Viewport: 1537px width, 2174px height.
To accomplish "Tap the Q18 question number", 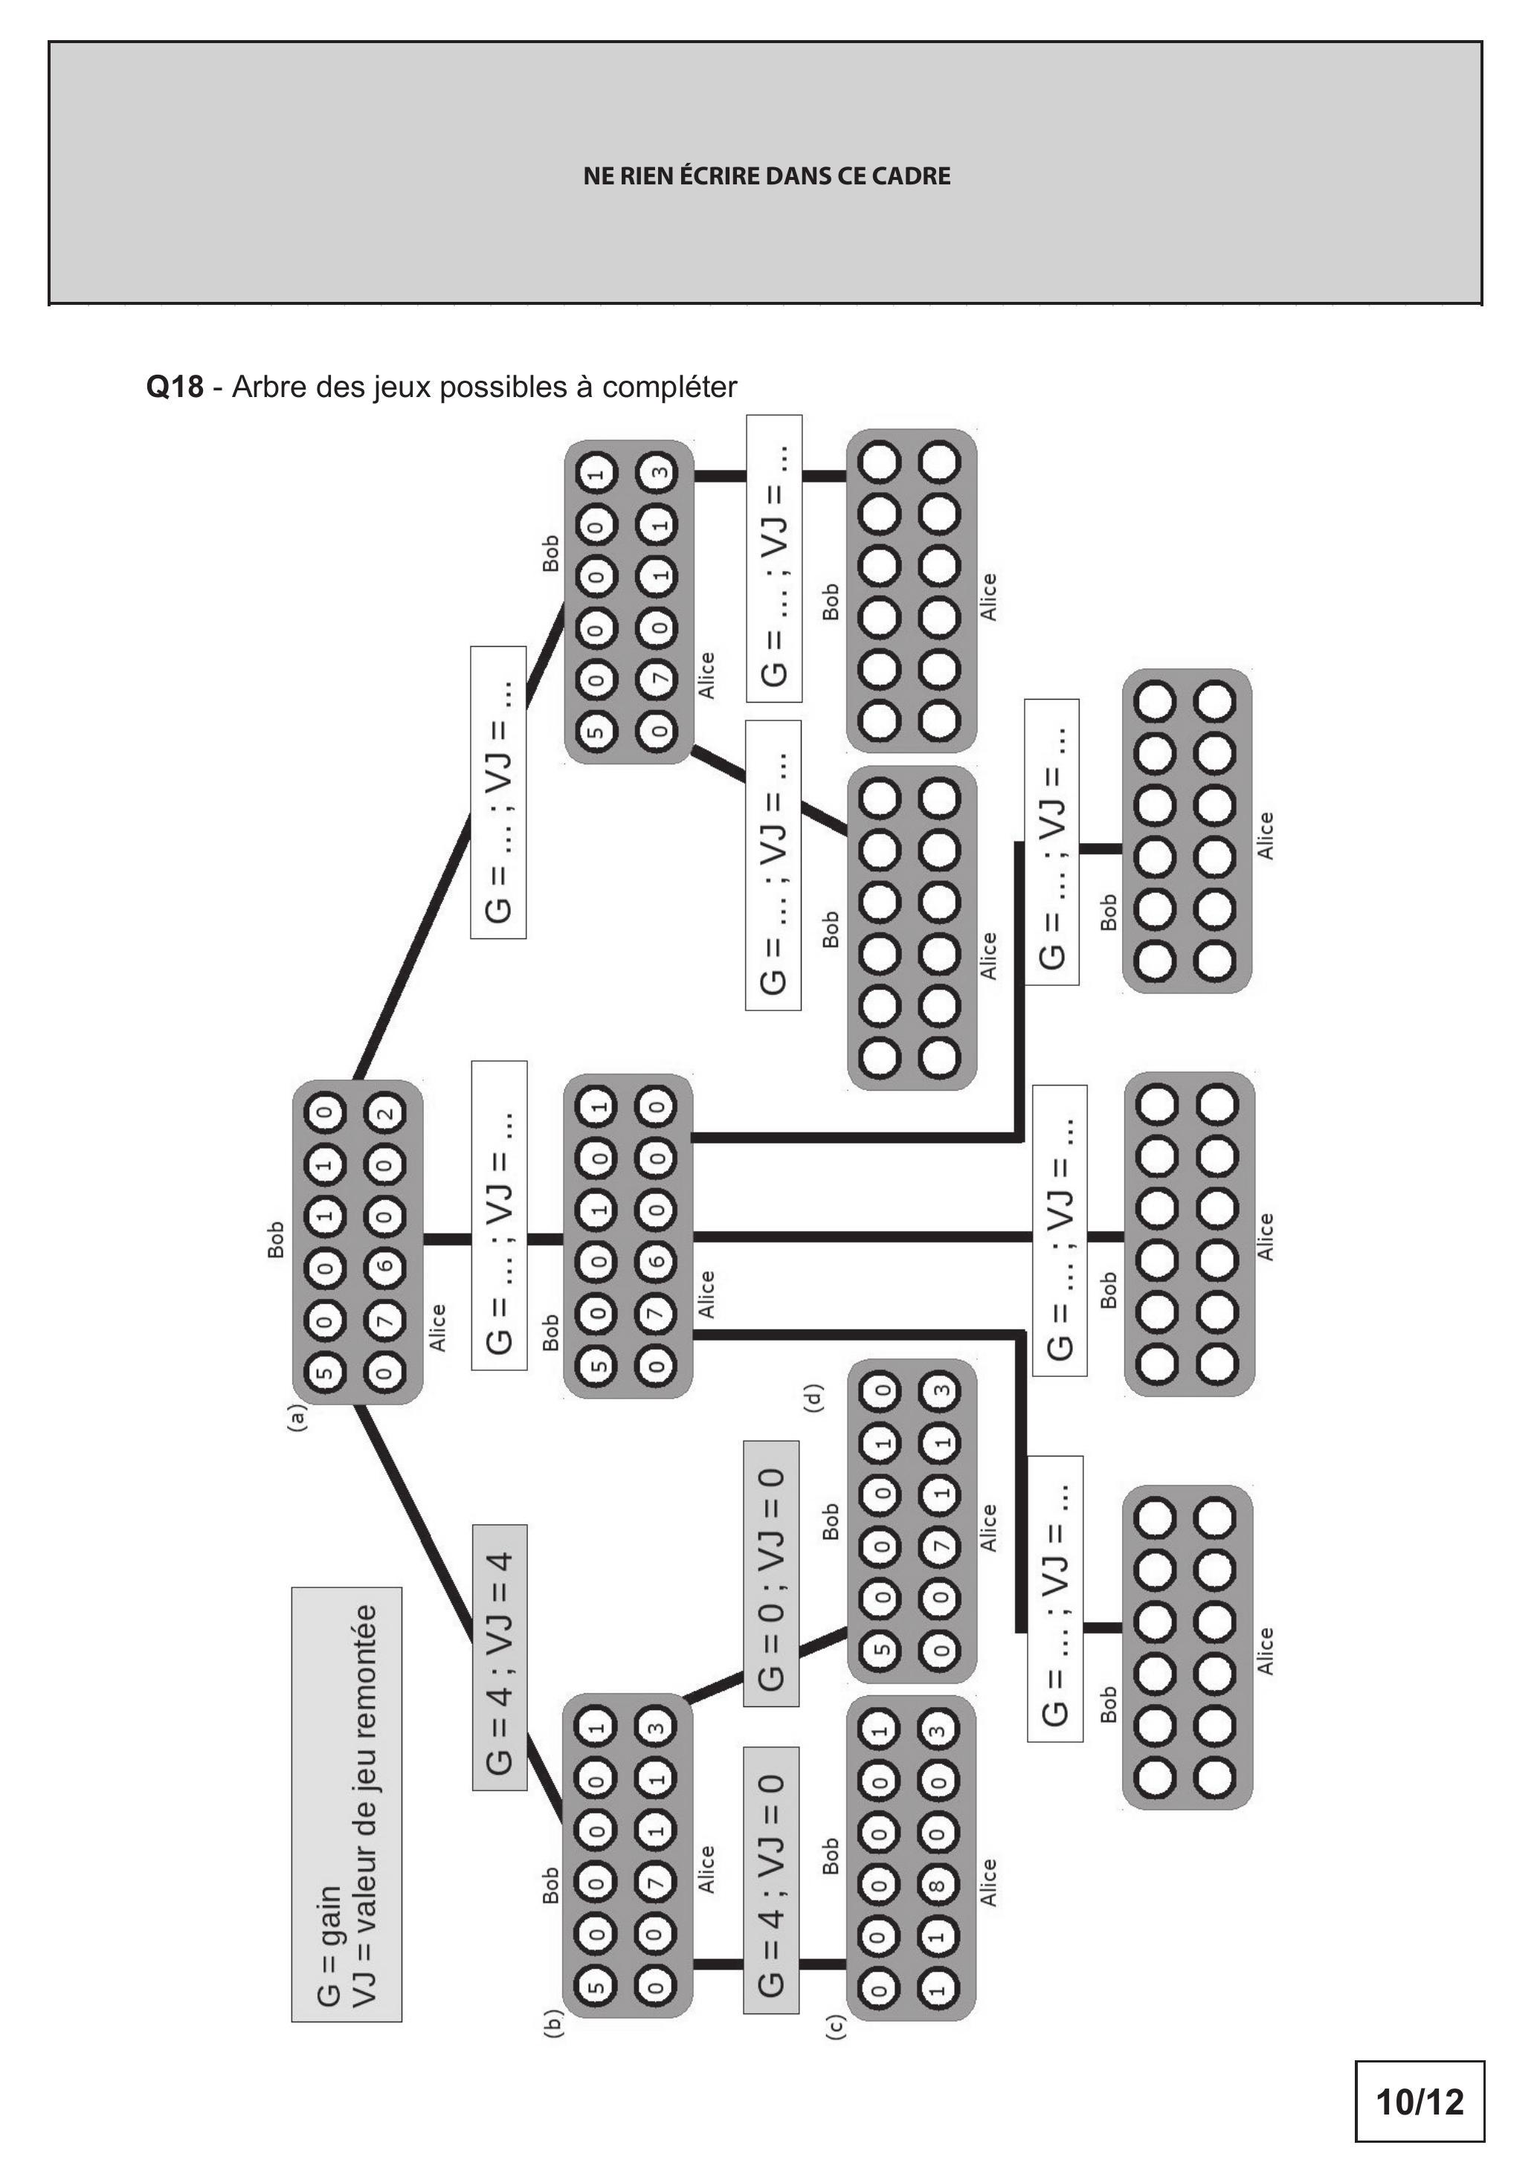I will [x=174, y=387].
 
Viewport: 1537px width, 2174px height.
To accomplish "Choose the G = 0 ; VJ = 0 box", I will [x=771, y=1574].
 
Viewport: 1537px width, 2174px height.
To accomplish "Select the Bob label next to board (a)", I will [x=274, y=1240].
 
